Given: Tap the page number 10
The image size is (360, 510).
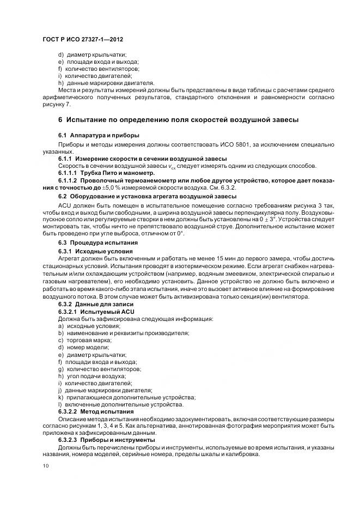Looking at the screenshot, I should [x=45, y=466].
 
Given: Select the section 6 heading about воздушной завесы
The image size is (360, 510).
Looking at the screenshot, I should [x=178, y=119].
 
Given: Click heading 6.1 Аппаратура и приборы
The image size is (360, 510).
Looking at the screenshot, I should [x=91, y=135].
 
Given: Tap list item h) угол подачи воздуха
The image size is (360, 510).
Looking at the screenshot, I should [x=91, y=376].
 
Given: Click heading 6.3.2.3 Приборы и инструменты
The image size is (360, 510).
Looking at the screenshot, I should [x=107, y=440].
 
